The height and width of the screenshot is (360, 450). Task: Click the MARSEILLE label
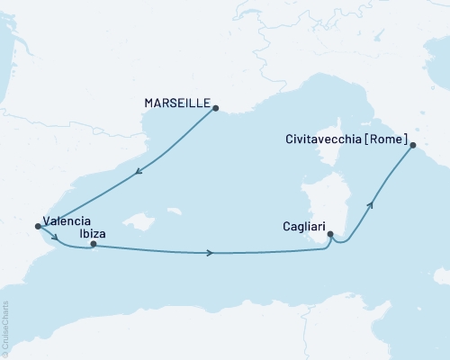coord(176,103)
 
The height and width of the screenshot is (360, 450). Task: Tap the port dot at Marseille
coord(215,107)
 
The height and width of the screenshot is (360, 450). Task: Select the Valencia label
coord(67,228)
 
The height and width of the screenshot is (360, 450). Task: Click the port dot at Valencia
coord(37,226)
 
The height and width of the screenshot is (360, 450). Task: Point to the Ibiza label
coord(91,229)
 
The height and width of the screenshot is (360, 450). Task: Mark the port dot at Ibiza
coord(93,244)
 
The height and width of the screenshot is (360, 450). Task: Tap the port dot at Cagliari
coord(331,235)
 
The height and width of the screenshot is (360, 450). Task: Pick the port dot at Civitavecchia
coord(411,145)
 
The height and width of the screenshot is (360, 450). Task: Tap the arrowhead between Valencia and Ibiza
coord(56,238)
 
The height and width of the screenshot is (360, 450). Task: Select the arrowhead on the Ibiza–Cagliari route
coord(210,253)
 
